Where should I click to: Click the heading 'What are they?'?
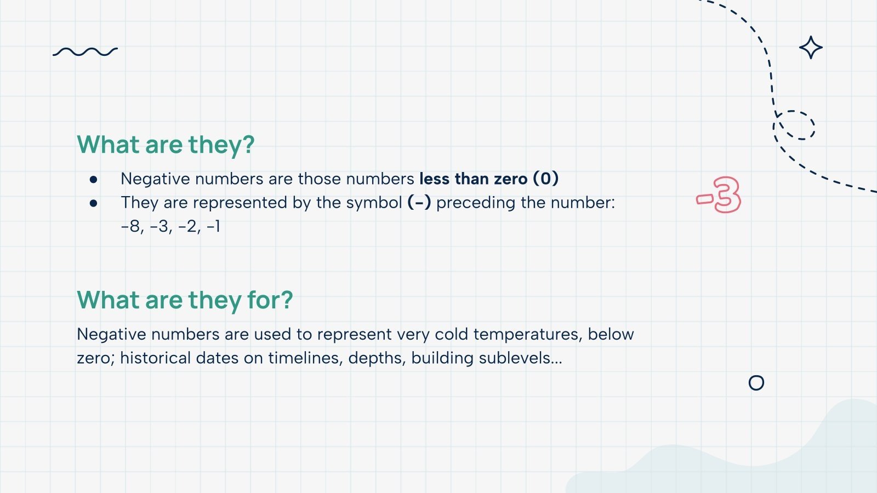click(166, 145)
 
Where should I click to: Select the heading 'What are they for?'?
click(185, 300)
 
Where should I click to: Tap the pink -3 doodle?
click(719, 196)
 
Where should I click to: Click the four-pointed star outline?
click(811, 48)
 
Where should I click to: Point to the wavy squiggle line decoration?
click(85, 52)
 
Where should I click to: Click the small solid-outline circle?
click(756, 383)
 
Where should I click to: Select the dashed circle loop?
click(795, 125)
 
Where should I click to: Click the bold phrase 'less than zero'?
click(473, 179)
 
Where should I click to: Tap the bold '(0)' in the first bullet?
click(545, 179)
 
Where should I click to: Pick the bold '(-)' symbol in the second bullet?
click(419, 203)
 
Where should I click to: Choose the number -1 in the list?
click(214, 226)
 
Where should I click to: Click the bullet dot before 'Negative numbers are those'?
click(94, 179)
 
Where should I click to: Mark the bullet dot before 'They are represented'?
click(94, 203)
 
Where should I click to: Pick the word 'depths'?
click(375, 359)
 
